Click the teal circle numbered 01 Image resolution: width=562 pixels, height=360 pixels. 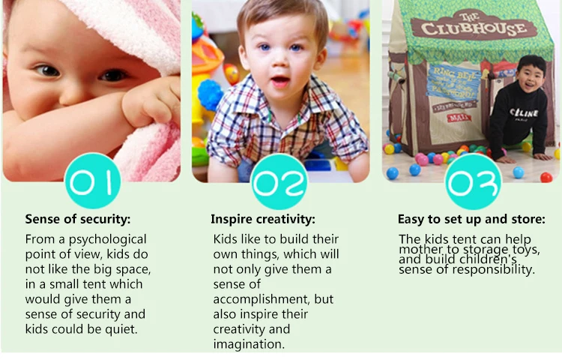93,181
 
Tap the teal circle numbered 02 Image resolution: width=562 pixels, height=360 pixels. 280,181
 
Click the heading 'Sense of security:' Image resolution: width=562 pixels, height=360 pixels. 78,219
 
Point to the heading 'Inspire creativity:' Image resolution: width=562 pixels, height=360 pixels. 263,219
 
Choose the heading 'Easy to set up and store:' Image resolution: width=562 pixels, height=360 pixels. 471,219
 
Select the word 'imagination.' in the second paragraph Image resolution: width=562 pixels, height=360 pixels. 249,344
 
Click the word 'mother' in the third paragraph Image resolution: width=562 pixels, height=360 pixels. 418,250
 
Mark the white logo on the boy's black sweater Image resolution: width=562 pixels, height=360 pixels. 524,112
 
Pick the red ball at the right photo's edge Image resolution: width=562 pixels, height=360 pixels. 546,177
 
